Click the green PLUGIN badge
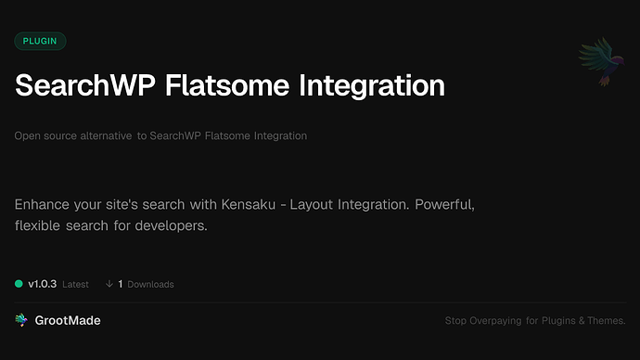pos(40,41)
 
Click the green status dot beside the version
pos(19,284)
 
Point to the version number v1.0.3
pos(43,284)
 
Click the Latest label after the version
pos(76,285)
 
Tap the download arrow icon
pos(109,284)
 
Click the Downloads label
pos(150,285)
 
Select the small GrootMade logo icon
pos(21,320)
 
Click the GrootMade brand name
pos(69,320)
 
